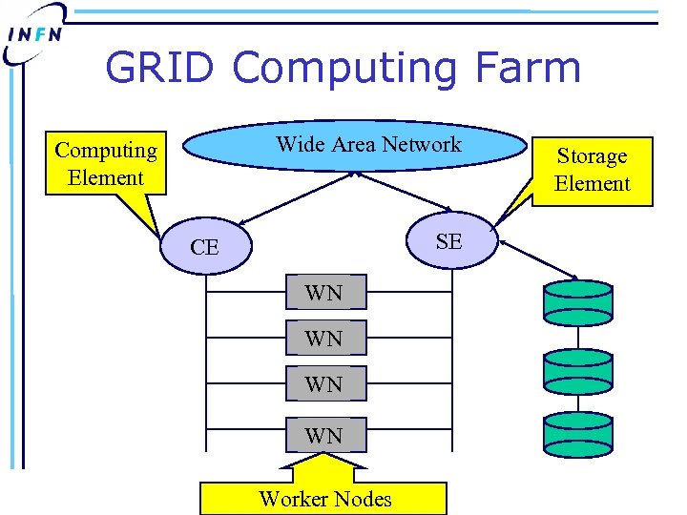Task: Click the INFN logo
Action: point(35,34)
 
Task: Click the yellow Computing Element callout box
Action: point(106,163)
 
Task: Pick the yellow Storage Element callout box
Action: point(592,170)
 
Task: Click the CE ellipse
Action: point(204,247)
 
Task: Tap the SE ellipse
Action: point(448,241)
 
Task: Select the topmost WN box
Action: point(323,293)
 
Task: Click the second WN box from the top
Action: point(323,339)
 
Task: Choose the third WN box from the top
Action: point(323,384)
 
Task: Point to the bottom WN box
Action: point(323,435)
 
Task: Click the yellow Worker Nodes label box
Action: point(323,498)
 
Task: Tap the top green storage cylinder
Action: point(577,299)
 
